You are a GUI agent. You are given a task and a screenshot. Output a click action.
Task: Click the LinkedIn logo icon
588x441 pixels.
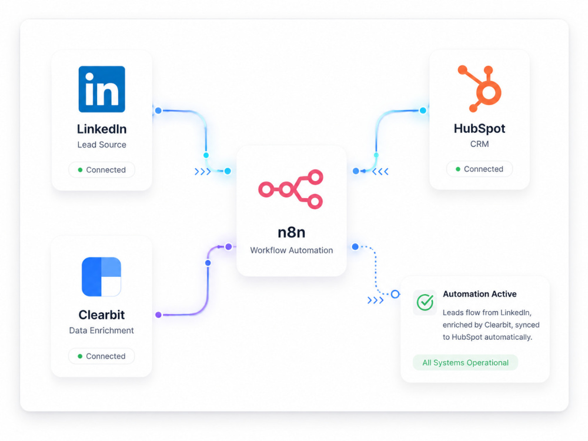(x=102, y=89)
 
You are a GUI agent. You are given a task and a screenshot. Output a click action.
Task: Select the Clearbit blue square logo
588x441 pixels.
(x=101, y=277)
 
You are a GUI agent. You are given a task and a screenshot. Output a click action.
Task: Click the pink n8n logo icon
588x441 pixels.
(x=290, y=189)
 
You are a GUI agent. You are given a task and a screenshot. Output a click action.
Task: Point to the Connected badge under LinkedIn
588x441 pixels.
(x=102, y=170)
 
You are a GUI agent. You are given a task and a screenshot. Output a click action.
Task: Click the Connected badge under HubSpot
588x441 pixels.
(x=479, y=169)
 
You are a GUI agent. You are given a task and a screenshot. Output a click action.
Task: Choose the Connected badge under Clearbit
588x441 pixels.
(x=101, y=356)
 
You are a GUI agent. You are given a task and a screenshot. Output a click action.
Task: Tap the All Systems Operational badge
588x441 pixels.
(x=465, y=363)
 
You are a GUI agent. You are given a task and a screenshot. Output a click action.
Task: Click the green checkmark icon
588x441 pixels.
(x=425, y=302)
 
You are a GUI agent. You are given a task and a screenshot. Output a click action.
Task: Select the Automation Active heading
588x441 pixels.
(x=480, y=294)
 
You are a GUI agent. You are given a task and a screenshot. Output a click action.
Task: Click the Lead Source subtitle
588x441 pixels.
(x=102, y=145)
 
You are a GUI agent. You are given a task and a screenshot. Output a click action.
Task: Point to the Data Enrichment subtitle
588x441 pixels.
(x=101, y=330)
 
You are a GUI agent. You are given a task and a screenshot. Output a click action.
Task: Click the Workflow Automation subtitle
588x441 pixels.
(x=292, y=250)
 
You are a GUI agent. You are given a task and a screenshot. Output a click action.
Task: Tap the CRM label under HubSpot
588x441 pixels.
(x=479, y=144)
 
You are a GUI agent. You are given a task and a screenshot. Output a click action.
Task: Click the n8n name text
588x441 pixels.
(x=292, y=232)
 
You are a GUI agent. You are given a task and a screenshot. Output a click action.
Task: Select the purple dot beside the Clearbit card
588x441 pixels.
(x=158, y=315)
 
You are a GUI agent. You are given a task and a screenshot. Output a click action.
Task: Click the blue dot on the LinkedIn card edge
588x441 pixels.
(x=158, y=111)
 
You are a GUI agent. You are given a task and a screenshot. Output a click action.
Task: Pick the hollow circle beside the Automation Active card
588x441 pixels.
(x=395, y=295)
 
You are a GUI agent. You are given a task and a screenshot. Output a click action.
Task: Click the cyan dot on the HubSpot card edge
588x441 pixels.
(x=423, y=111)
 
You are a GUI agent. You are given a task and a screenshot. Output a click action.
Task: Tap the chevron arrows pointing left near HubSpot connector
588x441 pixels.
(x=380, y=172)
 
